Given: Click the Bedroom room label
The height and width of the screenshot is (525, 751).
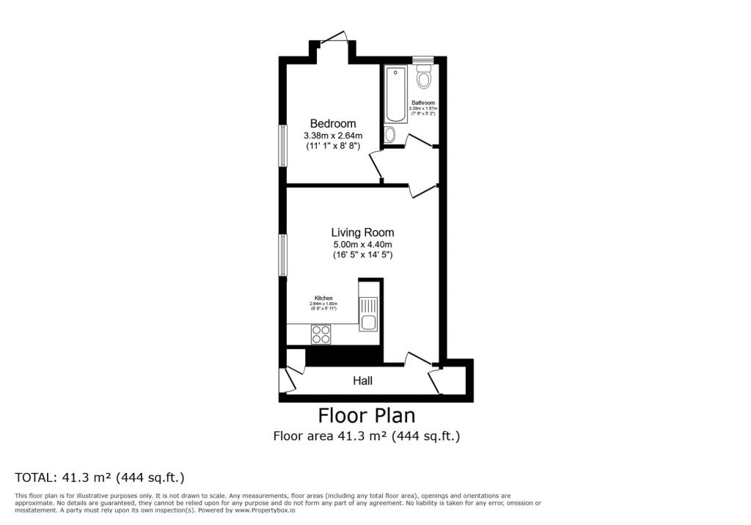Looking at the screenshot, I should (x=332, y=124).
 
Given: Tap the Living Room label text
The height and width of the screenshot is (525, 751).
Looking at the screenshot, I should (x=362, y=232).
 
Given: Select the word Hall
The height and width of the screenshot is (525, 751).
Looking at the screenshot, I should (x=362, y=381).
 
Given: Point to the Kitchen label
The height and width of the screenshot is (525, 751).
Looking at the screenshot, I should (x=323, y=298).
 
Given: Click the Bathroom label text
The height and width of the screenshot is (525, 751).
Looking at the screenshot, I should (x=423, y=103).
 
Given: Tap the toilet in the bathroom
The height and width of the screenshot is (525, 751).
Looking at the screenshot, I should (x=424, y=78).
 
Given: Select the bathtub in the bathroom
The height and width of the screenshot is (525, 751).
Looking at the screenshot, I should (x=395, y=94).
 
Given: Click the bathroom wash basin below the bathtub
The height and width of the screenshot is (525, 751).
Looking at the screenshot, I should (x=390, y=134).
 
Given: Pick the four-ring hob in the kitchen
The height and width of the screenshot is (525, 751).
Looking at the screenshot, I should (x=321, y=334).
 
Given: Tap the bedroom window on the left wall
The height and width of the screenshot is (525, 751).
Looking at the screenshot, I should (x=282, y=145).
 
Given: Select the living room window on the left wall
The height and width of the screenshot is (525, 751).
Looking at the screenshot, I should (x=282, y=255).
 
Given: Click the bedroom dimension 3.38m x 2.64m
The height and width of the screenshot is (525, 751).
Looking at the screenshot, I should (x=333, y=136).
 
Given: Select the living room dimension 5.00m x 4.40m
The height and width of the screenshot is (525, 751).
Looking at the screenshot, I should (x=362, y=244).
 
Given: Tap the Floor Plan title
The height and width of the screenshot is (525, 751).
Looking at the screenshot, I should (x=366, y=416).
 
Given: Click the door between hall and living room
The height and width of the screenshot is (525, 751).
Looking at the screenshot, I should (x=417, y=359).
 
